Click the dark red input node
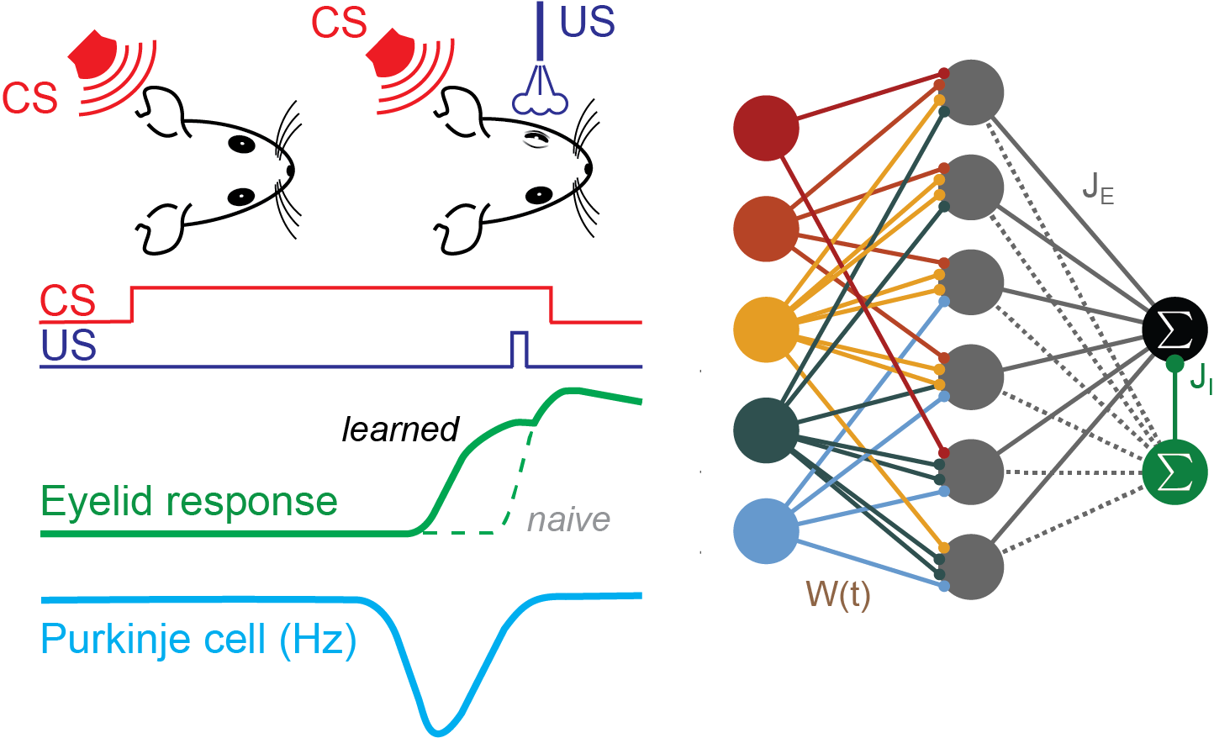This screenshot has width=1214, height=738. tap(766, 128)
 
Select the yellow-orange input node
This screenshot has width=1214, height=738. tap(766, 329)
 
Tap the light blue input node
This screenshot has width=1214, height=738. tap(766, 531)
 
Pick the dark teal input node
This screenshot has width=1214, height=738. tap(766, 430)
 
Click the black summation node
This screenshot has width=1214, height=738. tap(1174, 329)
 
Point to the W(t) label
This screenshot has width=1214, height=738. tap(838, 594)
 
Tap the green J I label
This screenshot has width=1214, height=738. tap(1201, 378)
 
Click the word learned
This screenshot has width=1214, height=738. tap(400, 430)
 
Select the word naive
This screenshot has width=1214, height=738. tap(568, 519)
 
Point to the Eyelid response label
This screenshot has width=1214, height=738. tap(189, 502)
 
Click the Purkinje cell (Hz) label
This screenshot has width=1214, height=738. tap(198, 640)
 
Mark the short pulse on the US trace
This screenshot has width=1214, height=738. tap(520, 349)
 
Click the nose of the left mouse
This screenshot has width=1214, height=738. tap(291, 171)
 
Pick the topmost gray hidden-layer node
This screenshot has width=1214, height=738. tap(971, 92)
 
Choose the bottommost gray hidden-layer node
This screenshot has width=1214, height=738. tap(971, 567)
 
